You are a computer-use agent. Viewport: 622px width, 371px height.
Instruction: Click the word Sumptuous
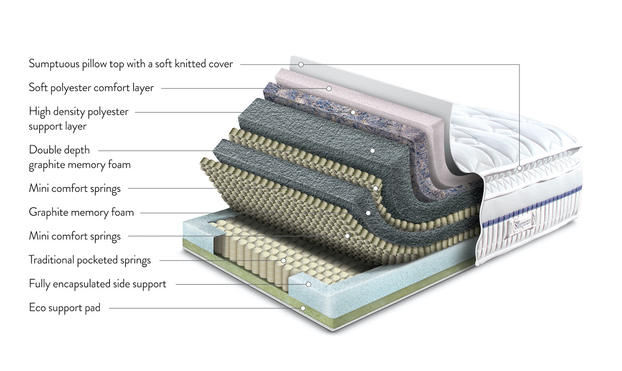(x=54, y=64)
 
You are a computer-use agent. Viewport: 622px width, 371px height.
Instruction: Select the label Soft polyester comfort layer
(x=91, y=88)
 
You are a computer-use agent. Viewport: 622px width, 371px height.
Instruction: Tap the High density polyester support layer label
(x=79, y=119)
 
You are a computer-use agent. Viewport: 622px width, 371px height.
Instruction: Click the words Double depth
(x=60, y=150)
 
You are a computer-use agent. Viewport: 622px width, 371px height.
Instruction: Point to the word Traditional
(x=52, y=260)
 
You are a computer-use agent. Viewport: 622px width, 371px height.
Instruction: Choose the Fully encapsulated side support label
(x=98, y=284)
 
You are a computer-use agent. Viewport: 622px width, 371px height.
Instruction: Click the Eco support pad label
(x=65, y=308)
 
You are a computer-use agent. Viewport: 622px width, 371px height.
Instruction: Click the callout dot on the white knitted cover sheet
(x=301, y=65)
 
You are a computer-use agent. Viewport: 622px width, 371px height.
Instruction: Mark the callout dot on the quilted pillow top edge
(x=519, y=168)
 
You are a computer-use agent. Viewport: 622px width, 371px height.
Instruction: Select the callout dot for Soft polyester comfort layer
(x=329, y=88)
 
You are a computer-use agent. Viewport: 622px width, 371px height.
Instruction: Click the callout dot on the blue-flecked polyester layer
(x=353, y=113)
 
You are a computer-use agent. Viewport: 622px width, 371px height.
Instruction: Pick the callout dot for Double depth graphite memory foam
(x=373, y=151)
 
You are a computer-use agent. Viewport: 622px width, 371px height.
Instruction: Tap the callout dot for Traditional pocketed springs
(x=283, y=260)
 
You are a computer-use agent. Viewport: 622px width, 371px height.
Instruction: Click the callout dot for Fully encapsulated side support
(x=308, y=284)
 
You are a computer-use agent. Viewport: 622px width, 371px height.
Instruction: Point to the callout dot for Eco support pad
(x=303, y=308)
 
